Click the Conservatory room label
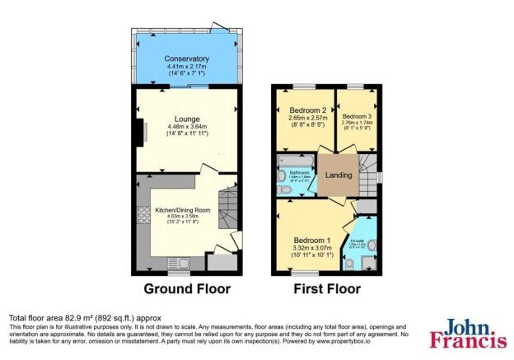186,59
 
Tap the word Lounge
187,119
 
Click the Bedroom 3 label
358,116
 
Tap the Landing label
339,175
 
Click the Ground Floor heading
187,289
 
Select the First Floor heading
327,289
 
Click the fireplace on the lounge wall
141,131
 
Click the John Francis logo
467,333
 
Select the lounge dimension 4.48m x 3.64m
187,127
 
